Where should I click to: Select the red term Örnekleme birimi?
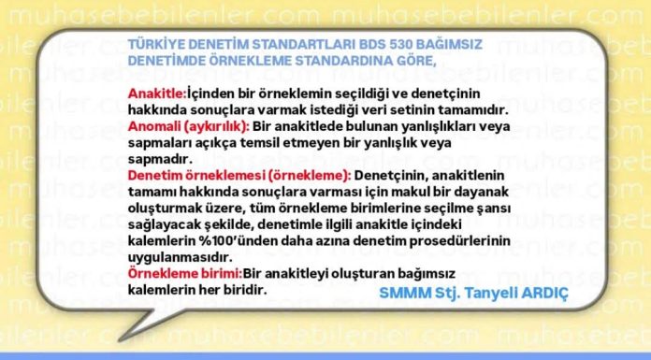point(184,274)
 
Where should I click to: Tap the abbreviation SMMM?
point(401,292)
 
